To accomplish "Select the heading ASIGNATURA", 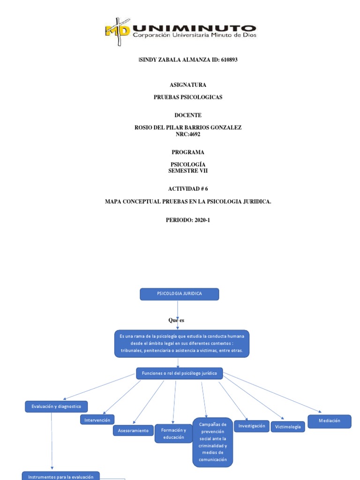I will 187,85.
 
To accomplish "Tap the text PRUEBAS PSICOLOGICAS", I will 188,97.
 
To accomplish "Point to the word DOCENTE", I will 188,115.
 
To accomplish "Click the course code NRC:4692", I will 188,134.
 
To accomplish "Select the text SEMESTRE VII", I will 188,171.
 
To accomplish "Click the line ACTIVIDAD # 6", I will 188,189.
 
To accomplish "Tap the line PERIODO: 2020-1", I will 188,220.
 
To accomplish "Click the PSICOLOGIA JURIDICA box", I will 180,294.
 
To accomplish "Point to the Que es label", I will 176,320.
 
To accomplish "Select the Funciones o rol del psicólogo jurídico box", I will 180,373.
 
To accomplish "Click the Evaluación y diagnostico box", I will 56,406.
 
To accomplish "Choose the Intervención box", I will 97,420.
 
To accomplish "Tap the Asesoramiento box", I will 133,430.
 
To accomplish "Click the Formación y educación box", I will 173,434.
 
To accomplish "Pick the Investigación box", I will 252,426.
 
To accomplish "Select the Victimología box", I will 288,427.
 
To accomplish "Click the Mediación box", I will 329,421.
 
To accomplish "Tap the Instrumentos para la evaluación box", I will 61,476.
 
